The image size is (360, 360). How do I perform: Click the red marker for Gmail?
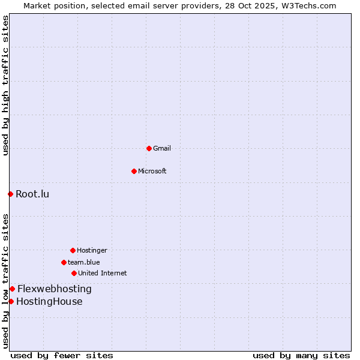click(149, 148)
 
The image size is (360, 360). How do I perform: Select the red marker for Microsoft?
click(134, 171)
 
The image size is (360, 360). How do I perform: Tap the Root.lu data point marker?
click(10, 194)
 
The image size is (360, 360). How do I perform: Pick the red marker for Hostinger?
click(73, 250)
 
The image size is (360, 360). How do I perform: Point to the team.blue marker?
click(64, 262)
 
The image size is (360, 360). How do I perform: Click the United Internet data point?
click(74, 273)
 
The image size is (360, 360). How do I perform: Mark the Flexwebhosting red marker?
click(12, 289)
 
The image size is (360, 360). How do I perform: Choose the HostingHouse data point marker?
click(11, 301)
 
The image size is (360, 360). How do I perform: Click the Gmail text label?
click(162, 148)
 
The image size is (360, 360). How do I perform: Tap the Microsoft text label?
click(152, 171)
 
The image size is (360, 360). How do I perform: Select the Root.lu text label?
click(32, 194)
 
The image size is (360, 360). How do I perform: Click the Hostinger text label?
click(92, 250)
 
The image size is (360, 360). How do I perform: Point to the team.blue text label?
click(84, 262)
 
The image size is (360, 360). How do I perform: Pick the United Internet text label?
click(103, 273)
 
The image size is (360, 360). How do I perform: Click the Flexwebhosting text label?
click(55, 289)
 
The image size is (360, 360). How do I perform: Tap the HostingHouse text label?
click(49, 301)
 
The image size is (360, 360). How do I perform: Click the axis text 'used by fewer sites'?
click(62, 355)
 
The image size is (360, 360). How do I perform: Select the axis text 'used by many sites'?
click(301, 355)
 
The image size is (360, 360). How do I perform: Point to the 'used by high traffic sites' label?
click(5, 85)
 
